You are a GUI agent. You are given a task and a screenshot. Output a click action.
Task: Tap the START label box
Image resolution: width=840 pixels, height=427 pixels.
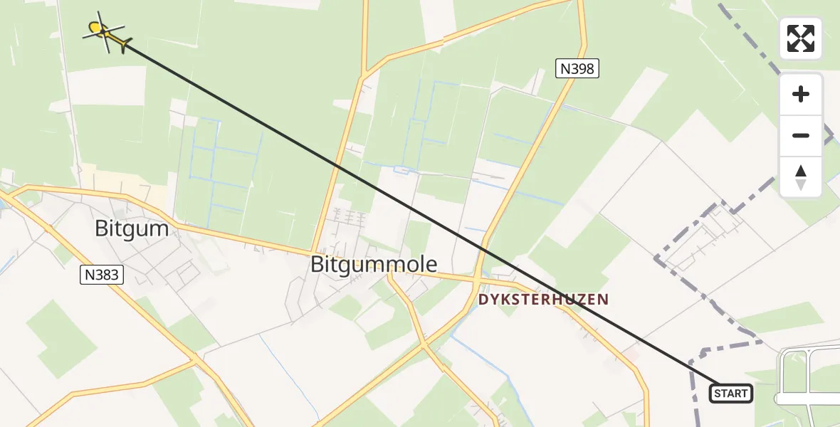coord(730,394)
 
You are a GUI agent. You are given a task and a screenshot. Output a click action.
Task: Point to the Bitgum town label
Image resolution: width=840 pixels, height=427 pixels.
coord(132,228)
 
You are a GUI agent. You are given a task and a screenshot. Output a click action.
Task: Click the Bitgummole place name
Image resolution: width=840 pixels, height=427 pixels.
coord(374,264)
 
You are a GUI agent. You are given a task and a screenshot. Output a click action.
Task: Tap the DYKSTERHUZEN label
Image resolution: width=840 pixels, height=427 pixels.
coord(543,300)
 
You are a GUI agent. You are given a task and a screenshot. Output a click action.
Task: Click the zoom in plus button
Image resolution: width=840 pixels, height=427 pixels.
coord(801,94)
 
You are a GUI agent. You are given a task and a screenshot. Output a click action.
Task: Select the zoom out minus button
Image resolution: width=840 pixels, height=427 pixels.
coord(801,135)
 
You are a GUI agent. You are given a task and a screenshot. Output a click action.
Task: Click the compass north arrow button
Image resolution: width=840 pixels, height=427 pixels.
coord(801,176)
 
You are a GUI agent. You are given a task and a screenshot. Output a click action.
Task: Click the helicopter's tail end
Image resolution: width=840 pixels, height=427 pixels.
coord(125,46)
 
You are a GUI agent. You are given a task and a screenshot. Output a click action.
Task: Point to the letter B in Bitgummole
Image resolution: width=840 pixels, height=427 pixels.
coord(317,264)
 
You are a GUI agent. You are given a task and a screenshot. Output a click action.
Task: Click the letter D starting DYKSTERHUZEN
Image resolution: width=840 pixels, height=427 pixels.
coord(483,300)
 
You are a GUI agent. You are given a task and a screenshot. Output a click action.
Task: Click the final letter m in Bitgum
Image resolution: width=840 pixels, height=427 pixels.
coord(159,228)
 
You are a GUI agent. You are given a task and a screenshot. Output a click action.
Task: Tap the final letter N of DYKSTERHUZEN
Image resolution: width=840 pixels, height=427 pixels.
coord(604,300)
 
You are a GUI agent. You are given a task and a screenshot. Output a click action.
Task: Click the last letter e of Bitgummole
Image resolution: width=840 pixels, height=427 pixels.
coord(431,264)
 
